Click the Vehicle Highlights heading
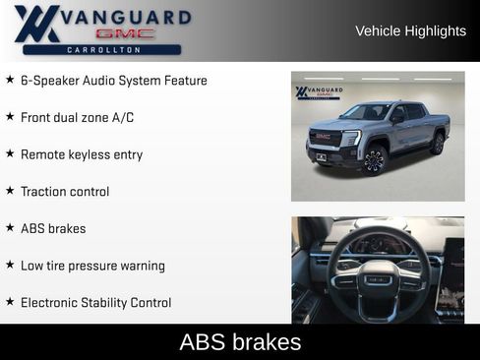tap(410, 31)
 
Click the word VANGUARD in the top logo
tap(125, 17)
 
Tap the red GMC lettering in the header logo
tap(125, 33)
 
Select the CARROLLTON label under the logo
tap(101, 49)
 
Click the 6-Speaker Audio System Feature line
tap(113, 81)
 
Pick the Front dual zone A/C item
tap(77, 118)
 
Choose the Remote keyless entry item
tap(81, 154)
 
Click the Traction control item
tap(64, 192)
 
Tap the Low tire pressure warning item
tap(92, 266)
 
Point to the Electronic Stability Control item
tap(95, 303)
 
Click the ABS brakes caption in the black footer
tap(240, 342)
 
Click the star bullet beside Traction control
tap(10, 191)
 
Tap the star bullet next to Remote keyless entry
tap(10, 153)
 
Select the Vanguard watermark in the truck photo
tap(319, 92)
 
